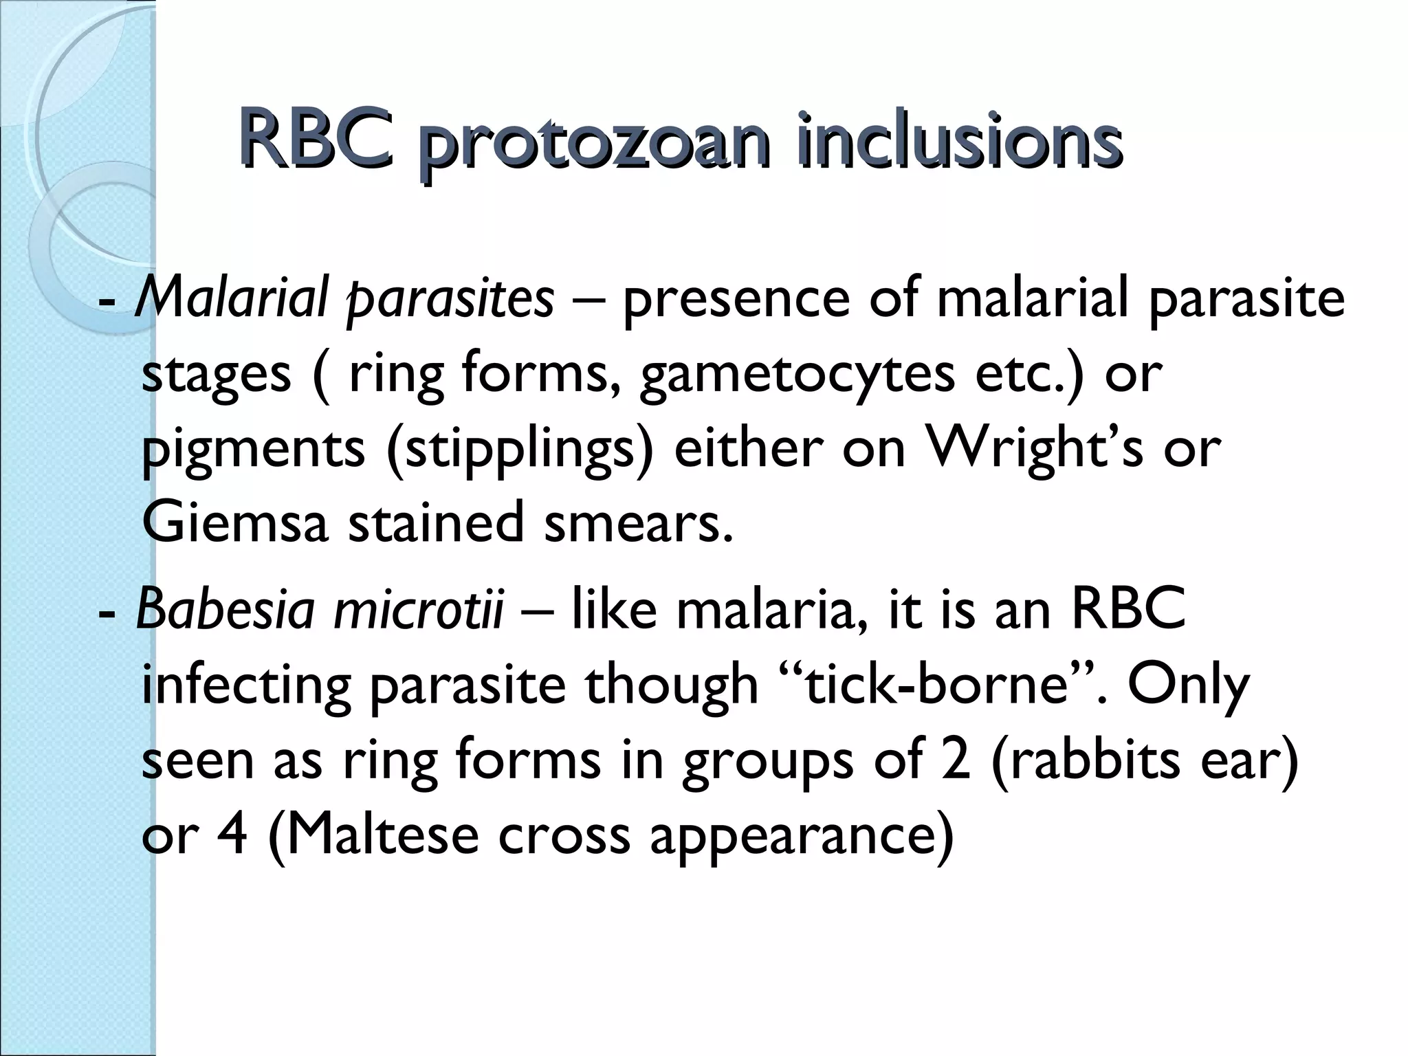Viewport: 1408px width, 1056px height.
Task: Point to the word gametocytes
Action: coord(797,374)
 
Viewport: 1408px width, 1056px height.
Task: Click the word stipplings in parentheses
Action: coord(519,450)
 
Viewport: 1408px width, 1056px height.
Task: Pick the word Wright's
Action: coord(1035,448)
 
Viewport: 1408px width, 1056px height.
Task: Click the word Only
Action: coord(1188,687)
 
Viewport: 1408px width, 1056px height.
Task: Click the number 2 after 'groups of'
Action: coord(956,760)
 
